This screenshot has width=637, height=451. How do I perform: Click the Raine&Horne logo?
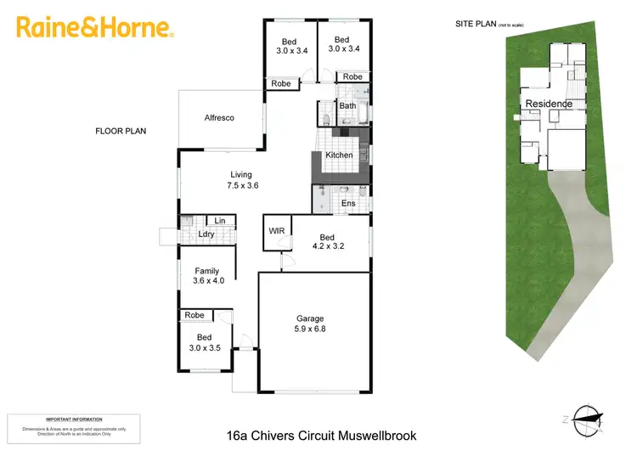pos(95,28)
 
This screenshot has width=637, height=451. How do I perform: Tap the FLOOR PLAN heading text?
pos(121,132)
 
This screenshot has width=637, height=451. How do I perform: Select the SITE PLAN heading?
pos(476,25)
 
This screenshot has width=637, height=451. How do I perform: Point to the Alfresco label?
pos(219,118)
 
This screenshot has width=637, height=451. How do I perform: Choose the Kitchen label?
pos(339,155)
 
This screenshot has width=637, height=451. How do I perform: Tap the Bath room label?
pos(347,106)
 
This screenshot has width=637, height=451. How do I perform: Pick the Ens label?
pos(348,204)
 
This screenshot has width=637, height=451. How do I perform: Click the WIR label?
pos(277,230)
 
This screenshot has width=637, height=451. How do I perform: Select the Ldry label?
pos(206,234)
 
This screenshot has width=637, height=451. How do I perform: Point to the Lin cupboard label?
pos(220,221)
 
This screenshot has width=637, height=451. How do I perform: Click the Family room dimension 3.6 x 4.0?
pos(208,281)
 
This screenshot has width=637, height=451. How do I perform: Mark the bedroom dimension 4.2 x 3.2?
pos(327,247)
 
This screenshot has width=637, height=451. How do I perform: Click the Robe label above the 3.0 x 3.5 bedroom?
pos(194,315)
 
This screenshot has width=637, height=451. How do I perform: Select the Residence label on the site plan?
pos(549,104)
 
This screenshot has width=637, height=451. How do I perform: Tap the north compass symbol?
pos(588,416)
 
